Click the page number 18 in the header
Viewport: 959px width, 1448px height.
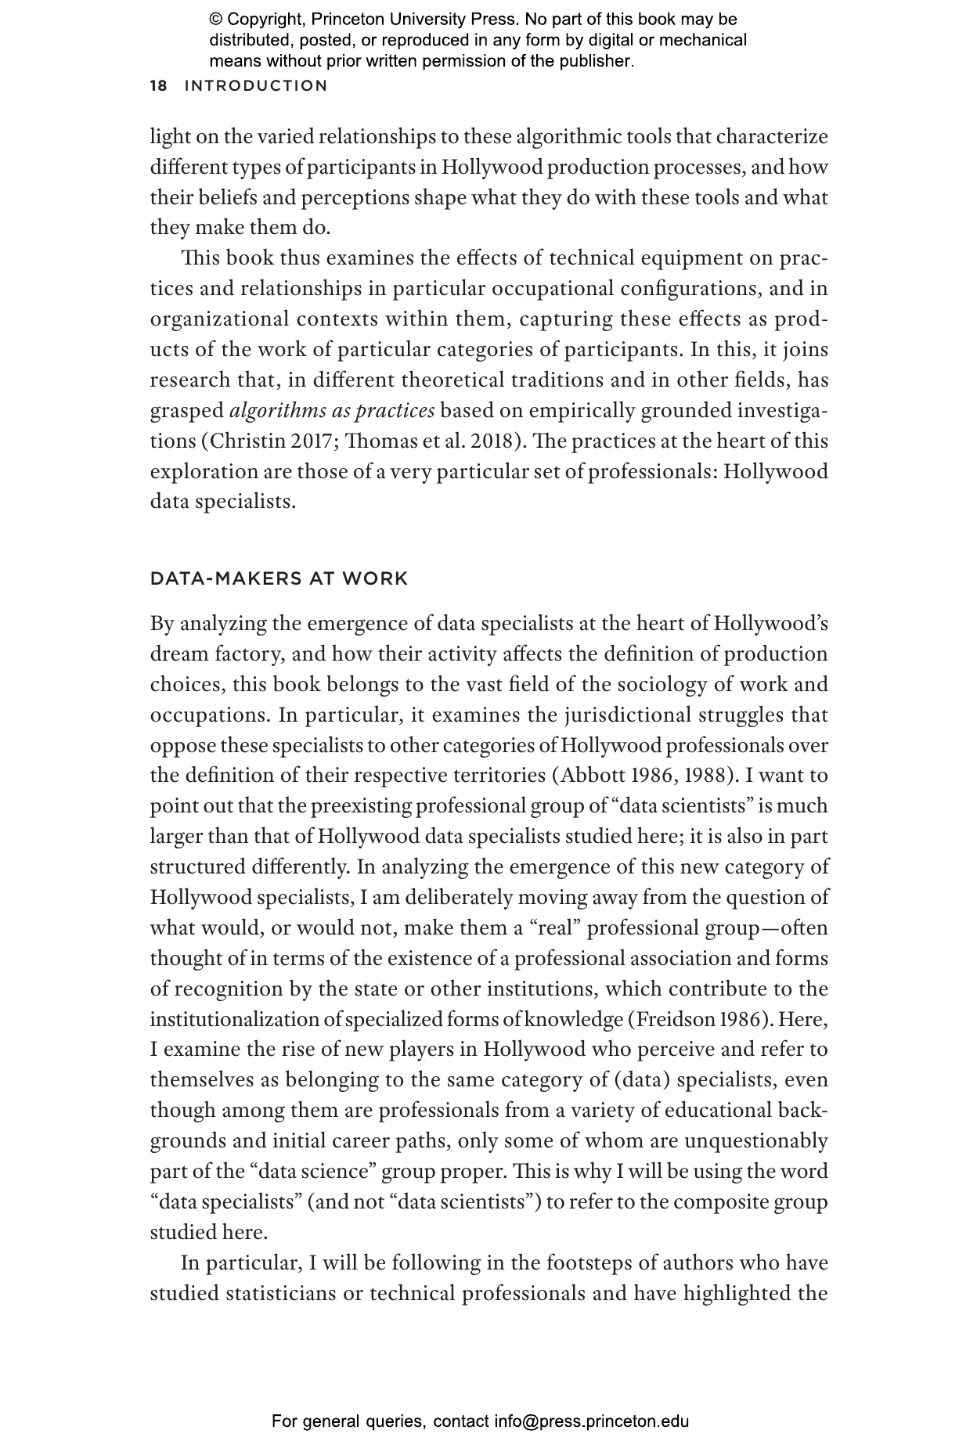pyautogui.click(x=159, y=86)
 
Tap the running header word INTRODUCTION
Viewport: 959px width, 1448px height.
pyautogui.click(x=256, y=86)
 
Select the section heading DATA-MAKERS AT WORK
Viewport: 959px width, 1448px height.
pyautogui.click(x=279, y=579)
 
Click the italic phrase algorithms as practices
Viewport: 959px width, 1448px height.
pyautogui.click(x=332, y=411)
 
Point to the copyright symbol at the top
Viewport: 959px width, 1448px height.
pyautogui.click(x=216, y=20)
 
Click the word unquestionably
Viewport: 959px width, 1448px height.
pyautogui.click(x=755, y=1141)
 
